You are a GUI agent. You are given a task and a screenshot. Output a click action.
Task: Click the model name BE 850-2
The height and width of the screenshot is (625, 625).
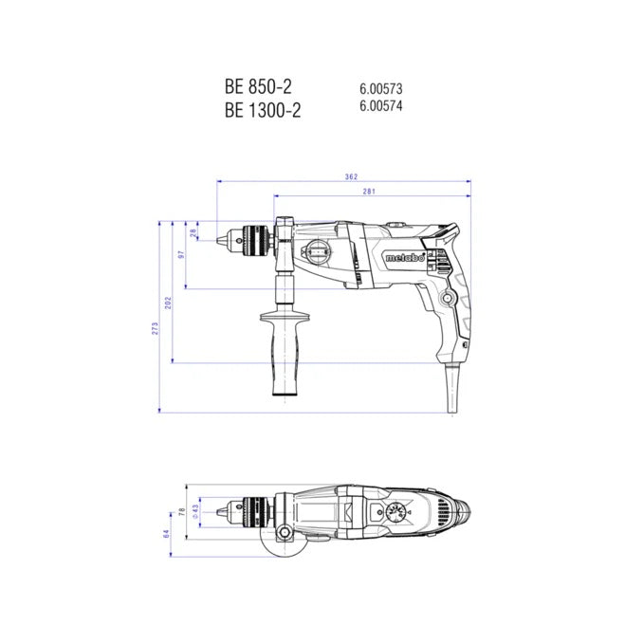pos(258,86)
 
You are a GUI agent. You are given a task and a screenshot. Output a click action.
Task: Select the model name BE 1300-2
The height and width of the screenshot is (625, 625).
pos(263,110)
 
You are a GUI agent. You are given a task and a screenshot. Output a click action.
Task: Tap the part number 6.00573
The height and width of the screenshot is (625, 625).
pos(380,88)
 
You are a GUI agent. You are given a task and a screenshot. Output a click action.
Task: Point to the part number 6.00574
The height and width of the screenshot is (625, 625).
pos(380,105)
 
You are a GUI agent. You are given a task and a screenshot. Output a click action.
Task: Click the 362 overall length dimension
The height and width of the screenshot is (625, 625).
pos(351,176)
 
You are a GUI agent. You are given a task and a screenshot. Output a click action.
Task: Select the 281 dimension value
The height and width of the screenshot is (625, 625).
pos(369,192)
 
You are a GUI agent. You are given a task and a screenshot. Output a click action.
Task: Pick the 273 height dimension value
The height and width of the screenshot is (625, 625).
pos(155,328)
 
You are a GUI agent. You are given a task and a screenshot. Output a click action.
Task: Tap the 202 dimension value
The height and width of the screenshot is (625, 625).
pos(168,303)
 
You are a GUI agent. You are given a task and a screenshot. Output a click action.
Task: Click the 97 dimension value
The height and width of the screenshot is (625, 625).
pos(181,254)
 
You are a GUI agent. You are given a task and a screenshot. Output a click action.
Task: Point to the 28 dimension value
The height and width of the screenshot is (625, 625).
pos(193,233)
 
